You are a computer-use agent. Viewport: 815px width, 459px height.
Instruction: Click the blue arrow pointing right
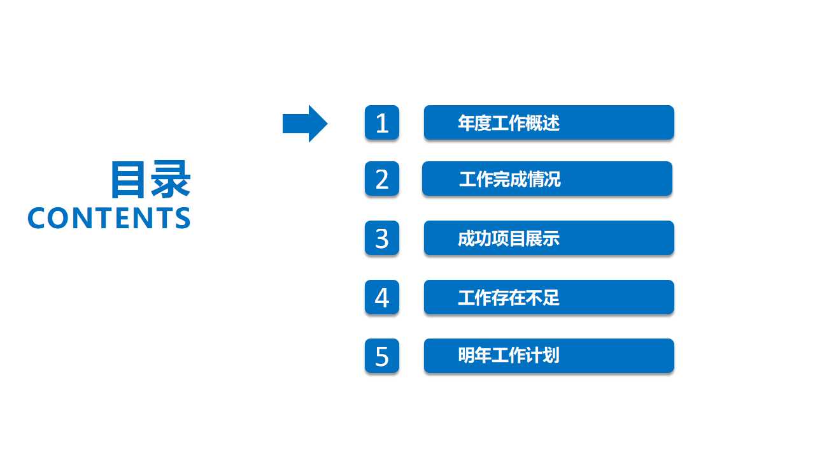304,124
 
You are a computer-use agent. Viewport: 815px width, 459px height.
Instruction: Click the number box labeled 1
382,122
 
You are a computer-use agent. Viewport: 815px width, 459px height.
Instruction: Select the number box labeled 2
382,178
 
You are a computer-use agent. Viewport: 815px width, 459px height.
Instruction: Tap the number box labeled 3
382,238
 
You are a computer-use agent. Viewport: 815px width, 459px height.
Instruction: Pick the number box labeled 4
382,297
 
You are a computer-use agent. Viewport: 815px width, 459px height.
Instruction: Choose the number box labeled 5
382,356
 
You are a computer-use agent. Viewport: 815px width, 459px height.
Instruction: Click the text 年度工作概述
508,123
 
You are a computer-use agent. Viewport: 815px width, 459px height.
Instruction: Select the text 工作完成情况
509,179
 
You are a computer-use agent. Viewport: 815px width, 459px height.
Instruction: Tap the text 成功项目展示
508,239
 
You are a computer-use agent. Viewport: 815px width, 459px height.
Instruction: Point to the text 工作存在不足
508,298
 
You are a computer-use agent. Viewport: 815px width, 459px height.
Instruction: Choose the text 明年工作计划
508,355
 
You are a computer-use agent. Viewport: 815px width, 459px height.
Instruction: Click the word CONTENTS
109,218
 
